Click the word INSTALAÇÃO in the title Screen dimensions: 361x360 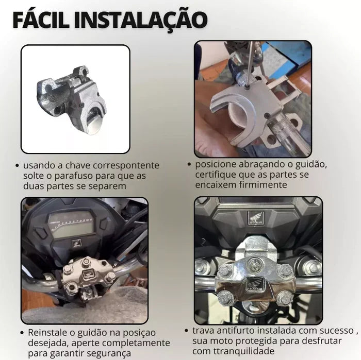pos(141,20)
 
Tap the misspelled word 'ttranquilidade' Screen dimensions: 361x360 pos(242,351)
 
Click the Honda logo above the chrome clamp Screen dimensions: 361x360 pos(256,218)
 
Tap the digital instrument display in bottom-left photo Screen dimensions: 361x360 pos(71,225)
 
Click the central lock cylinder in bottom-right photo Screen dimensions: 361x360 pos(254,265)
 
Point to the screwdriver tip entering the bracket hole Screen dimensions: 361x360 pos(247,88)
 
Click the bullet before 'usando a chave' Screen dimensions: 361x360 pos(17,166)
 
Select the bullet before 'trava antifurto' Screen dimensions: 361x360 pos(187,331)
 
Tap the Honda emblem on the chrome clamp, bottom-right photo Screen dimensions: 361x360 pos(255,285)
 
